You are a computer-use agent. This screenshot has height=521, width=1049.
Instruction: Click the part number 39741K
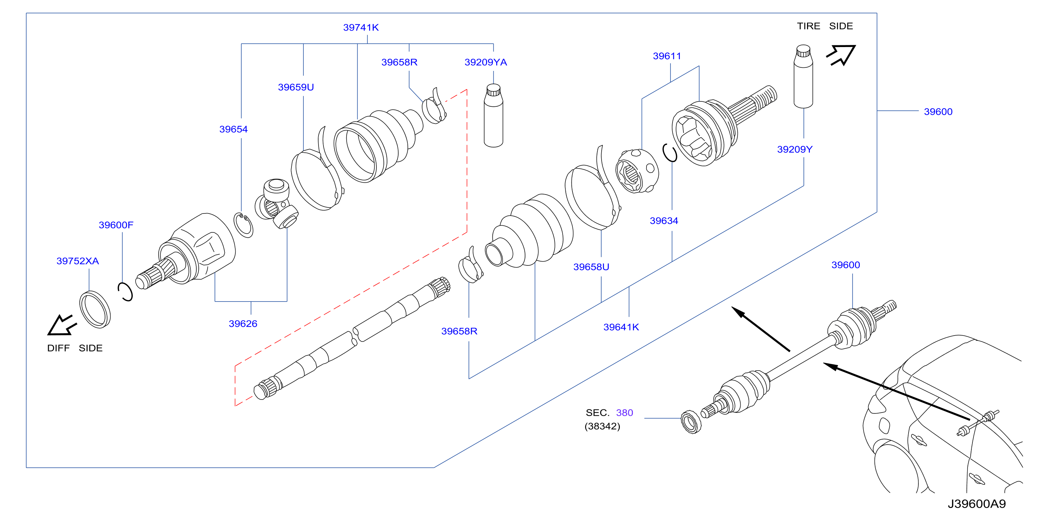click(x=361, y=27)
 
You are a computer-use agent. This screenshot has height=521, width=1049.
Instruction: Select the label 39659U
click(x=296, y=87)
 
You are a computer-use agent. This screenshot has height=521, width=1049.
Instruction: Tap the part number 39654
click(x=233, y=129)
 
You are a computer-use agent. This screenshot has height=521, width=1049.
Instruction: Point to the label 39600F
click(x=116, y=225)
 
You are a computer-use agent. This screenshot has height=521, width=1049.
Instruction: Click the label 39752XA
click(x=78, y=261)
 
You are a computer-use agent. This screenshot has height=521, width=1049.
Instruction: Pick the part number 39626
click(x=243, y=324)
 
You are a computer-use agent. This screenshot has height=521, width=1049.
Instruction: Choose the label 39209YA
click(x=486, y=62)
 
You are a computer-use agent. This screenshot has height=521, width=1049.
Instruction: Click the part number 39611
click(x=667, y=56)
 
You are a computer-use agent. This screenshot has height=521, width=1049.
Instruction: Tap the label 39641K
click(x=621, y=327)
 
